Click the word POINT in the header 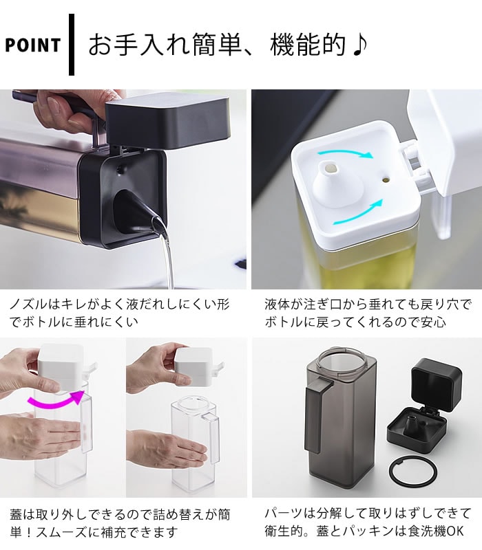[x=32, y=45]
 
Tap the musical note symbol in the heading [x=359, y=45]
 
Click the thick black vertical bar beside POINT [x=72, y=45]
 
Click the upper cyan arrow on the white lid [x=346, y=153]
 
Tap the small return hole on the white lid [x=386, y=180]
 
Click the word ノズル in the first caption [x=28, y=305]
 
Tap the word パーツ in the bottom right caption [x=283, y=514]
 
